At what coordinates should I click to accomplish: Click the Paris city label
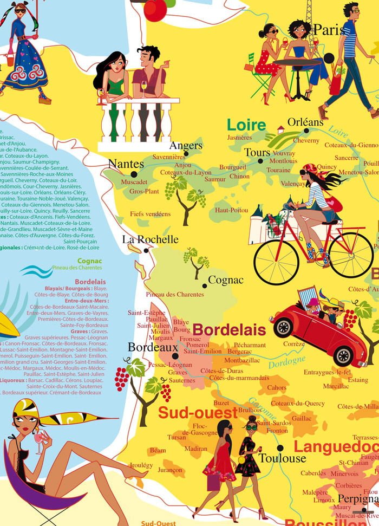point(329,30)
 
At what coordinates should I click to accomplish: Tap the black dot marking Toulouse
point(280,447)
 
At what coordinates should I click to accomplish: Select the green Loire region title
point(246,125)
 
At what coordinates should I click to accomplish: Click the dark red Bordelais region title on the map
point(229,329)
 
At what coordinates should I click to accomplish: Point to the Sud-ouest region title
point(198,413)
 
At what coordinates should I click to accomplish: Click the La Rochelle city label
point(150,239)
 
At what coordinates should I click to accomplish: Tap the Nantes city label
point(126,164)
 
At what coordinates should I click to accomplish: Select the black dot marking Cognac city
point(204,285)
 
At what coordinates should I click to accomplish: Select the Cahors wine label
point(277,387)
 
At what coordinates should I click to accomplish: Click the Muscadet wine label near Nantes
point(135,182)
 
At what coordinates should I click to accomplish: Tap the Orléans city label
point(305,122)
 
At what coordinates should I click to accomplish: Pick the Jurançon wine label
point(171,470)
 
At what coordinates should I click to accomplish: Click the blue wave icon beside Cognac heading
point(36,270)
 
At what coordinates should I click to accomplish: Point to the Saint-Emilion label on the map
point(202,351)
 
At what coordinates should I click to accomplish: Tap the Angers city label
point(186,145)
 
